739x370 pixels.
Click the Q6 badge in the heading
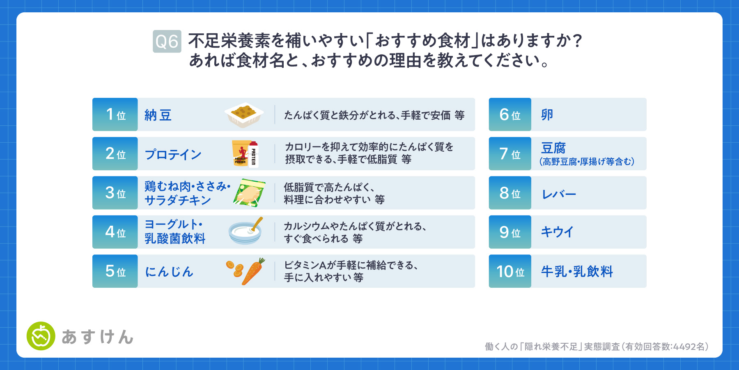(167, 42)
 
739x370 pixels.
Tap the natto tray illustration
(244, 115)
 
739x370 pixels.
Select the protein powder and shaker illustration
(245, 154)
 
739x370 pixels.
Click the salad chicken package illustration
(249, 193)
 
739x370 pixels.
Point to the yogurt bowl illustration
(246, 231)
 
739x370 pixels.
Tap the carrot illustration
(246, 271)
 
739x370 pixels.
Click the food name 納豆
(158, 115)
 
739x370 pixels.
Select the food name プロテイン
(173, 155)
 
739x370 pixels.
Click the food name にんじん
(169, 272)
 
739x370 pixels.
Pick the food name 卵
(547, 115)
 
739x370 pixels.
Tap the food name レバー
(559, 194)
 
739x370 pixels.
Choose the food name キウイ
(557, 232)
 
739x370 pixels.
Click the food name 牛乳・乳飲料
(577, 271)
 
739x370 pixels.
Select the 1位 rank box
(115, 114)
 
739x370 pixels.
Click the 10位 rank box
(510, 271)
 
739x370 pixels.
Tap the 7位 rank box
(510, 154)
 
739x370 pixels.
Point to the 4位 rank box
(115, 232)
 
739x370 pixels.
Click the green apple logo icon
(41, 336)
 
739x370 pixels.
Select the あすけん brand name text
(98, 337)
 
